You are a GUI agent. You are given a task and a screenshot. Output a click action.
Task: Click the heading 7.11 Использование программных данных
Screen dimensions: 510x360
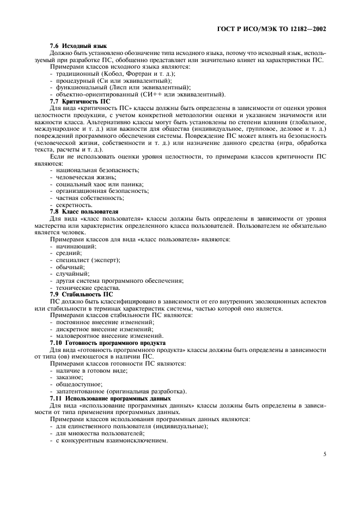pyautogui.click(x=107, y=398)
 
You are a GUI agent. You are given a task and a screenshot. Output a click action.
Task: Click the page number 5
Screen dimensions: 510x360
pyautogui.click(x=324, y=453)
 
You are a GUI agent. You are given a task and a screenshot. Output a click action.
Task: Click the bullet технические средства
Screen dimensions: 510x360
pyautogui.click(x=87, y=287)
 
